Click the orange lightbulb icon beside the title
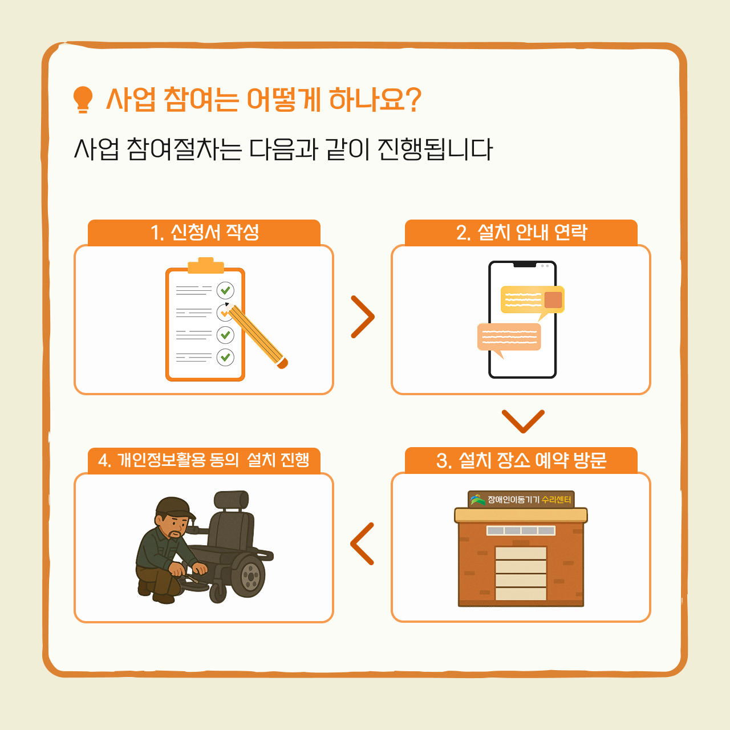point(83,99)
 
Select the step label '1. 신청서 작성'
point(205,232)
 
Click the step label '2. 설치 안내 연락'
point(522,232)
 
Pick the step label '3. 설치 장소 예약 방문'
point(521,460)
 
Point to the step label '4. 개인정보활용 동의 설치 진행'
point(204,460)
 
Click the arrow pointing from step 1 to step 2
point(363,317)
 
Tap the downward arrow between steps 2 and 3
point(523,421)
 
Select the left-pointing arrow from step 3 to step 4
point(362,544)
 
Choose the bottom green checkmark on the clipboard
point(225,357)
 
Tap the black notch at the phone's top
point(525,264)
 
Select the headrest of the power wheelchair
point(231,500)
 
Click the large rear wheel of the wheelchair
point(248,575)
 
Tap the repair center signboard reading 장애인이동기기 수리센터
point(521,500)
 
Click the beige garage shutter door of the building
point(521,573)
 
